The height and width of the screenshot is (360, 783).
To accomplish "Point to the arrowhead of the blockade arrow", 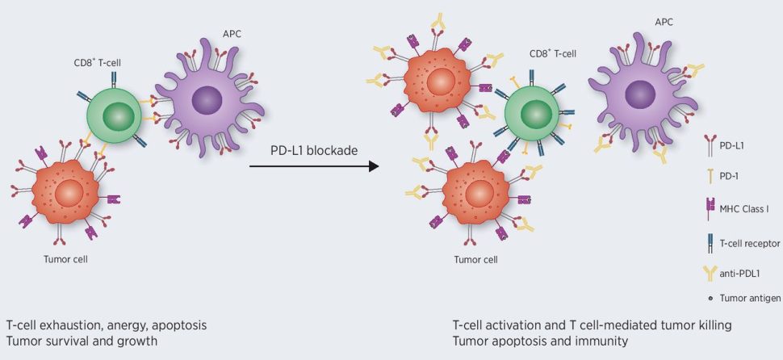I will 373,167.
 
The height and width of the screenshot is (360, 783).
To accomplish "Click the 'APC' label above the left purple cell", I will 230,34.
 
